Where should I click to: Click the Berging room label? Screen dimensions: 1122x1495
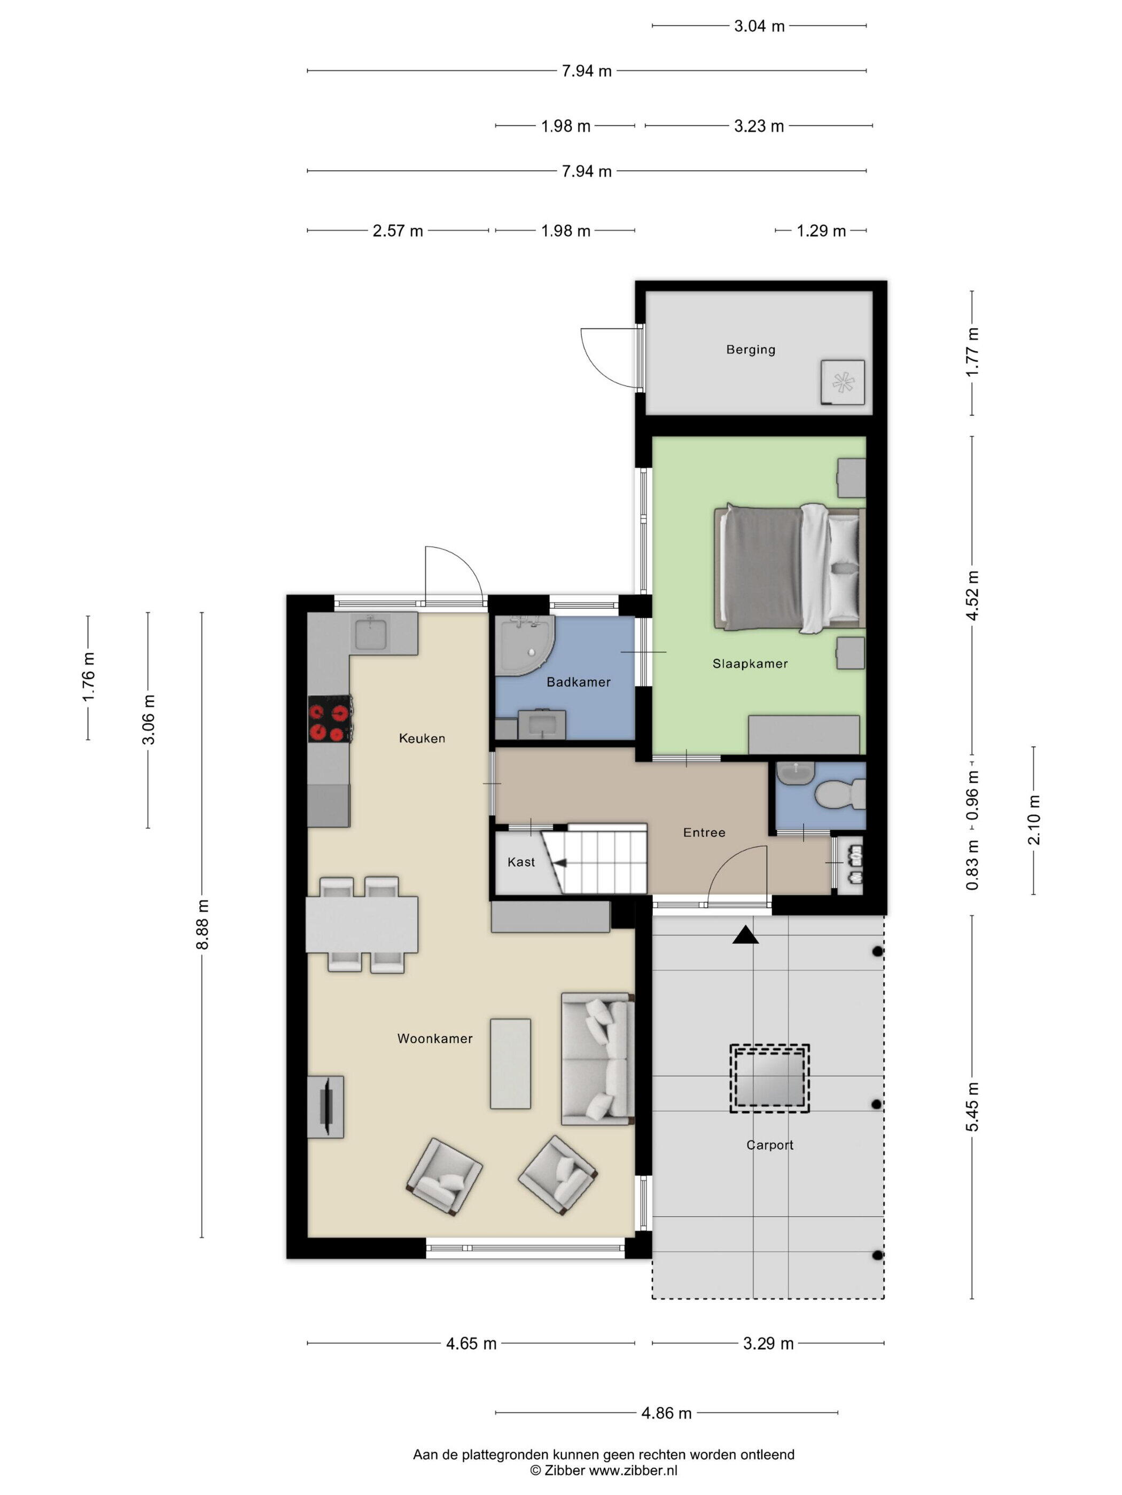tap(750, 349)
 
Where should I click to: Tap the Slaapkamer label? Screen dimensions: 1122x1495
tap(750, 664)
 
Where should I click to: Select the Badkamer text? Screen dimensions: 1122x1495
tap(578, 682)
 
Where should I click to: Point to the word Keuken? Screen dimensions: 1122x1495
tap(422, 738)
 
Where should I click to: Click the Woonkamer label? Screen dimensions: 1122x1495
tap(435, 1038)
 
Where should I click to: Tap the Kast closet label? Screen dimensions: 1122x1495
tap(521, 862)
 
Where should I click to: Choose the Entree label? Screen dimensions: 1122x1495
tap(704, 832)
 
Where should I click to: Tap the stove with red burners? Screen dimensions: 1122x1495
tap(329, 719)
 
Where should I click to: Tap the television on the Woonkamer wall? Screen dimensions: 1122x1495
tap(326, 1106)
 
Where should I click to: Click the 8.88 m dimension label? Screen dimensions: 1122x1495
tap(202, 925)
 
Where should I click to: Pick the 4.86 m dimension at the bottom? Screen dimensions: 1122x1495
tap(666, 1413)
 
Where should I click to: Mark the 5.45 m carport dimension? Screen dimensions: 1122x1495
tap(972, 1106)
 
